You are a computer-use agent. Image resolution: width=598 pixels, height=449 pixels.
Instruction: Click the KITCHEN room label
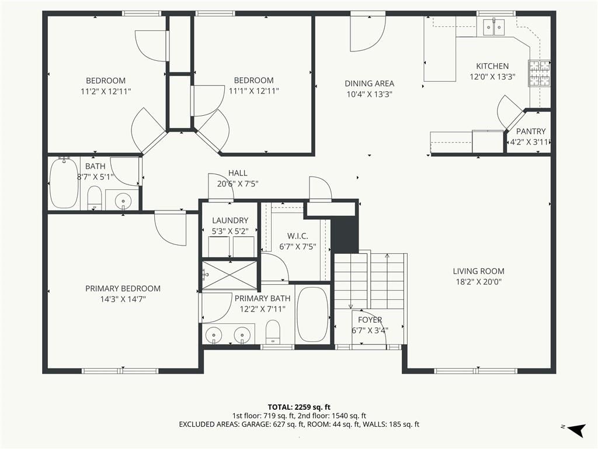point(492,66)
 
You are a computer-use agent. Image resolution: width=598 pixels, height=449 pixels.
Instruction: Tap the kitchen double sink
point(494,26)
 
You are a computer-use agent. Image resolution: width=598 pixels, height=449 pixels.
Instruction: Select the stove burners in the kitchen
point(539,72)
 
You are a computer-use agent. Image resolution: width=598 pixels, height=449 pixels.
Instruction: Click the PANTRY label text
point(530,132)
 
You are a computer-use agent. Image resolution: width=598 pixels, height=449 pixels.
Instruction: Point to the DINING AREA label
point(369,84)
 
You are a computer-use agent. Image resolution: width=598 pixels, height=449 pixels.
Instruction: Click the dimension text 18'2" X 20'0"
point(479,282)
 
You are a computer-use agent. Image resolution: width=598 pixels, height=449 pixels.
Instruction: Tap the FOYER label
point(370,320)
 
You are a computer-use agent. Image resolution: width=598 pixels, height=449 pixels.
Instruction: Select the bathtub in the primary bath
point(312,314)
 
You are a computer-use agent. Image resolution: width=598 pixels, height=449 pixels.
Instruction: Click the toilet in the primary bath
point(273,331)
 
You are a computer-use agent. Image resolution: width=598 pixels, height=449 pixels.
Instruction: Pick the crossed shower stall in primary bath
point(230,275)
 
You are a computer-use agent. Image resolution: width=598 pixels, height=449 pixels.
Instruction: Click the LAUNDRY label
point(230,220)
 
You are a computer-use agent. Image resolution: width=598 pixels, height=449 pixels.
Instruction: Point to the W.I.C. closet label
point(297,236)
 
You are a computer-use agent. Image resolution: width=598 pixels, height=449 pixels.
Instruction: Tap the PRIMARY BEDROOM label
point(123,289)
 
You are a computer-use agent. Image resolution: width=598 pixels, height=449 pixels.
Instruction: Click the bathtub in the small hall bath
point(64,183)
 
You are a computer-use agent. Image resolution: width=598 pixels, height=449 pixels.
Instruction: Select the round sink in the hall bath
point(123,200)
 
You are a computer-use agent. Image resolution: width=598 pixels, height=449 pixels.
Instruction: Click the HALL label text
point(238,173)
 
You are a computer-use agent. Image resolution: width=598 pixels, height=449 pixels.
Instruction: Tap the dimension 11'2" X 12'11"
point(106,92)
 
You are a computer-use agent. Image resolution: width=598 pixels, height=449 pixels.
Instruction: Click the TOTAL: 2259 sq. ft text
point(299,407)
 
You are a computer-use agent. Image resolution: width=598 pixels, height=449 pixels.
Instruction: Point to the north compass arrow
point(576,430)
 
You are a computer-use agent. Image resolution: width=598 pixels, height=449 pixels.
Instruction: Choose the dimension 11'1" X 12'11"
point(253,91)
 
